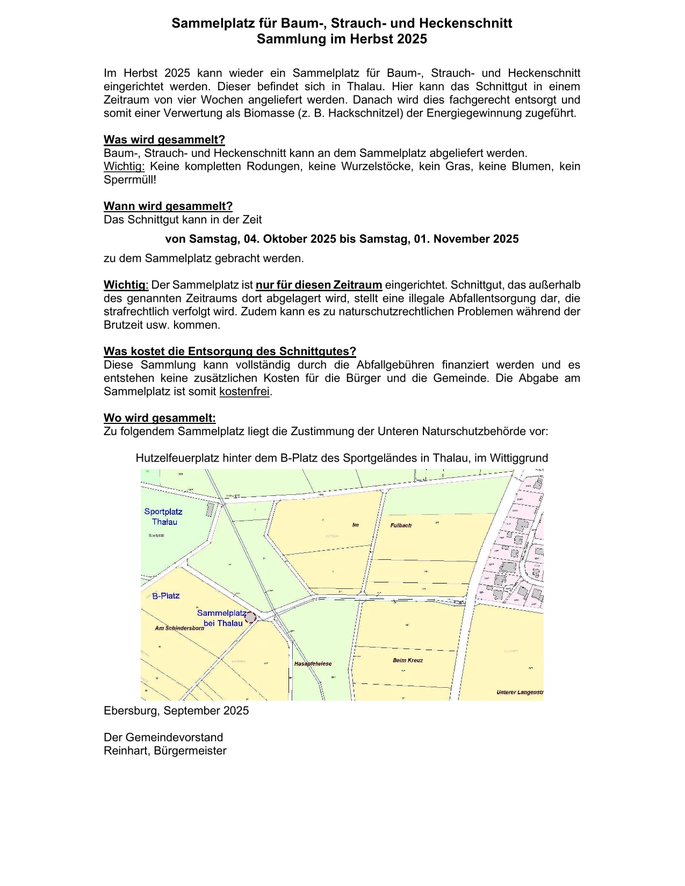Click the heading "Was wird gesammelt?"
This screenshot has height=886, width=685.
click(164, 140)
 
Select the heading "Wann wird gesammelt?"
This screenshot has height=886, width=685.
click(168, 206)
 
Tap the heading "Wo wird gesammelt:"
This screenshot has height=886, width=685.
click(160, 418)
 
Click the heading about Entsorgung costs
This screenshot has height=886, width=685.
click(229, 351)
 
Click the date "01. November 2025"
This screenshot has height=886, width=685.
click(466, 239)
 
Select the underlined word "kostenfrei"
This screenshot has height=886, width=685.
click(244, 392)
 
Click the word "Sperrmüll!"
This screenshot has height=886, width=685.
click(129, 180)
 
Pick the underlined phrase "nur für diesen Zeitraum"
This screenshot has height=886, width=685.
click(319, 285)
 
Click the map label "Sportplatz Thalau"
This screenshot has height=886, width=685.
click(163, 517)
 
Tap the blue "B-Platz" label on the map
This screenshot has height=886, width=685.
click(166, 596)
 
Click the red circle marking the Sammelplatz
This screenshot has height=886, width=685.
click(250, 617)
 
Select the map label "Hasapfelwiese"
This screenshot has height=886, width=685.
click(313, 664)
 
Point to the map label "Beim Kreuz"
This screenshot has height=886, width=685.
click(408, 660)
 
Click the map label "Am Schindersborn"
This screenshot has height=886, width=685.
click(179, 628)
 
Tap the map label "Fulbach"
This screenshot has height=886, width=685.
click(401, 525)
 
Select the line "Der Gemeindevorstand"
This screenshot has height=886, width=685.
click(163, 737)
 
